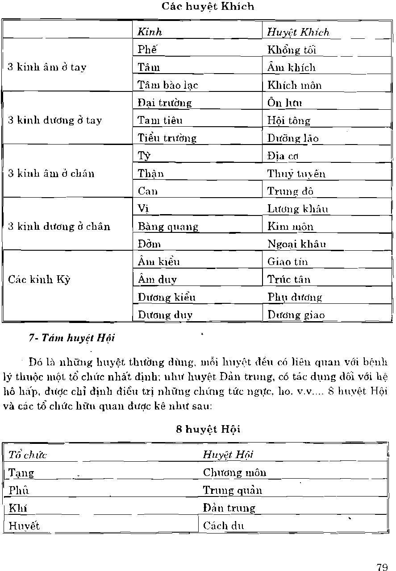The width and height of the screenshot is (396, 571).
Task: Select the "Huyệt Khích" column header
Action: pyautogui.click(x=298, y=32)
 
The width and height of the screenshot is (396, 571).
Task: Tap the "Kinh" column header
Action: pyautogui.click(x=150, y=32)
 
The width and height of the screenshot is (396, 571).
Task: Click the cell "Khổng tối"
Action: pyautogui.click(x=292, y=50)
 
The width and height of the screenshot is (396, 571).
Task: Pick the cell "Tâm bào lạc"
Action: pyautogui.click(x=168, y=85)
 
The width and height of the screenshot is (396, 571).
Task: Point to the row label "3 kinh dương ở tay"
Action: pyautogui.click(x=55, y=120)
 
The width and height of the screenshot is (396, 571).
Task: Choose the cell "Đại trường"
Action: pyautogui.click(x=165, y=103)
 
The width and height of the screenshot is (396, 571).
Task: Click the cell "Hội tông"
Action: pyautogui.click(x=288, y=120)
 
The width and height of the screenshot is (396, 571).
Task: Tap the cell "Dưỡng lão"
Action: pyautogui.click(x=293, y=138)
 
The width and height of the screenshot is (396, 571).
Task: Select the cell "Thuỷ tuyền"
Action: pyautogui.click(x=296, y=174)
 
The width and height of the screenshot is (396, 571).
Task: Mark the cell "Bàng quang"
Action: pyautogui.click(x=168, y=227)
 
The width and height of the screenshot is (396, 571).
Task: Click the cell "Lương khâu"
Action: pyautogui.click(x=298, y=209)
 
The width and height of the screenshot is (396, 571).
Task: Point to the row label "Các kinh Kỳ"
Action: pyautogui.click(x=39, y=280)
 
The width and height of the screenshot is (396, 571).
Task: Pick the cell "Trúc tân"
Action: pyautogui.click(x=288, y=280)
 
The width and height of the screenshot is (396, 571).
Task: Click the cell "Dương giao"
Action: pyautogui.click(x=296, y=315)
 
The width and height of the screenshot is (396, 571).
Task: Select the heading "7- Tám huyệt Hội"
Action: pyautogui.click(x=72, y=338)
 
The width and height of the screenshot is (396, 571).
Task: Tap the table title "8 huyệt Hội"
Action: pyautogui.click(x=208, y=429)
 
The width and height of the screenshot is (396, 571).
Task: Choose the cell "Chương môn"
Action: pyautogui.click(x=234, y=472)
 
